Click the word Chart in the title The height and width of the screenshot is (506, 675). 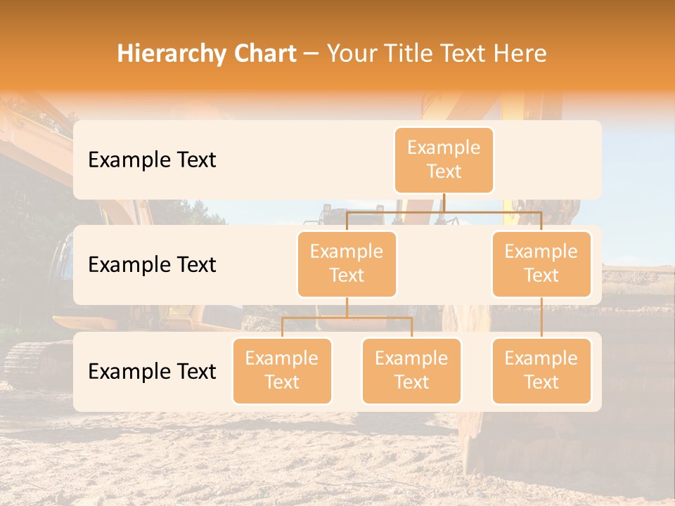[262, 54]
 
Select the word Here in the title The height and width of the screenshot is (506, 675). [519, 54]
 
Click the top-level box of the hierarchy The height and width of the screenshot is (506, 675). [444, 160]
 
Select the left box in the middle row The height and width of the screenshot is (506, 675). [347, 264]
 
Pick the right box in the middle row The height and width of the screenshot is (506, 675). [541, 264]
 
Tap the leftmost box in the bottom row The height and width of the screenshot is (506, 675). [282, 371]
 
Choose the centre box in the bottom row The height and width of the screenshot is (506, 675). [411, 371]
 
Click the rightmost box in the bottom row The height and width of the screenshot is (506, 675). [541, 371]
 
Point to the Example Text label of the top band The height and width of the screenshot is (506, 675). [152, 160]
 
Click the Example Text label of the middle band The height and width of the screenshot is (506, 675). [152, 265]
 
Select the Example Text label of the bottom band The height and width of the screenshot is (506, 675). [152, 372]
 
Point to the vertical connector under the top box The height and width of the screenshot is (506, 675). [444, 202]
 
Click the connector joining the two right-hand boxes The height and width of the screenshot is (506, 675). [541, 318]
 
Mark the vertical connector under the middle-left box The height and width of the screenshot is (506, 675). [347, 308]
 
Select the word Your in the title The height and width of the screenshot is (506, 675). [351, 54]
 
